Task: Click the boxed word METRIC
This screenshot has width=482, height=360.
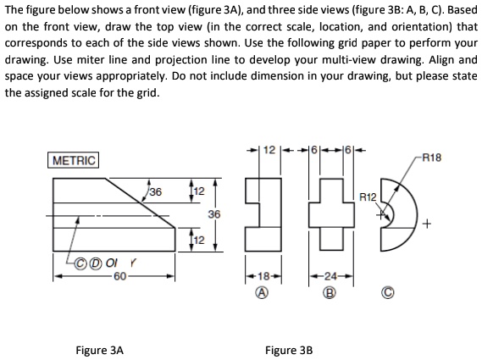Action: [x=75, y=160]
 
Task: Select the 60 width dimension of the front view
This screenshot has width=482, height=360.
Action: [x=119, y=275]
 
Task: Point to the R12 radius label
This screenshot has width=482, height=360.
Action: [x=366, y=196]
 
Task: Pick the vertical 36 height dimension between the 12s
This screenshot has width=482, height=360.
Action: [x=215, y=216]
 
